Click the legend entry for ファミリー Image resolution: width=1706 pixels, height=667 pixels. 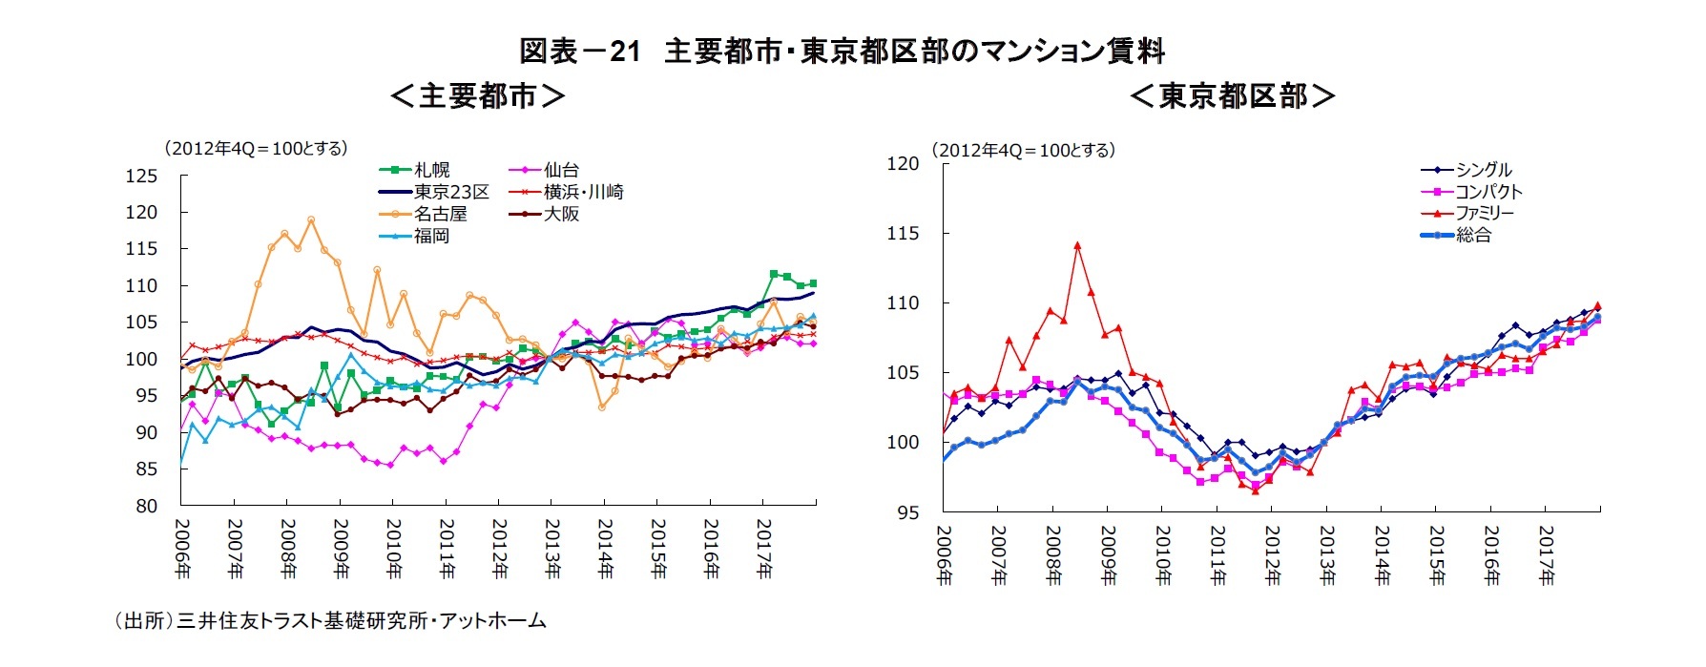pyautogui.click(x=1484, y=213)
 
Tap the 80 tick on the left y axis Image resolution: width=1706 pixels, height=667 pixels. pyautogui.click(x=146, y=506)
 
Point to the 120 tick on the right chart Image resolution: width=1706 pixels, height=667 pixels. pyautogui.click(x=903, y=163)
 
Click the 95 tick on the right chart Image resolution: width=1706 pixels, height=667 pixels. pyautogui.click(x=907, y=512)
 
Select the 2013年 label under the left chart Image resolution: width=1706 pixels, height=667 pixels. pyautogui.click(x=552, y=549)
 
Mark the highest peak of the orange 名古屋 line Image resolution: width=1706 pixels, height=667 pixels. pyautogui.click(x=311, y=219)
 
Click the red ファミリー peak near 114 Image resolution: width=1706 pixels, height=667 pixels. pyautogui.click(x=1077, y=245)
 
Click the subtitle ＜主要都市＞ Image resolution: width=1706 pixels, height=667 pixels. pyautogui.click(x=477, y=95)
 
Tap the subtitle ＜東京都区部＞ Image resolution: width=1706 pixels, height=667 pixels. pyautogui.click(x=1232, y=95)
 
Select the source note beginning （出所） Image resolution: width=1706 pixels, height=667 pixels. pyautogui.click(x=329, y=621)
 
